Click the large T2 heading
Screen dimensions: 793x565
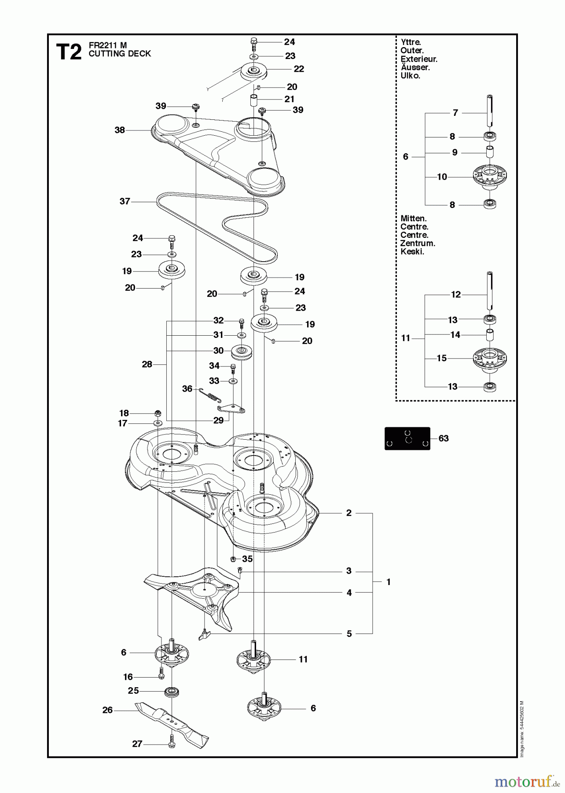[x=69, y=52]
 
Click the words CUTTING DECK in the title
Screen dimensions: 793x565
[x=120, y=54]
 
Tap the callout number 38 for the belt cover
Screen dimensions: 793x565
[x=120, y=130]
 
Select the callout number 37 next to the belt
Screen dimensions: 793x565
[x=125, y=201]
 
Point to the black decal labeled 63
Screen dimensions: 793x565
[x=407, y=438]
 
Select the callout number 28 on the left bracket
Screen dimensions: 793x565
[x=147, y=364]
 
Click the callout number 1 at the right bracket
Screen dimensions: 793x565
[x=389, y=582]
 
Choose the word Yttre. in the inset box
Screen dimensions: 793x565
[x=411, y=42]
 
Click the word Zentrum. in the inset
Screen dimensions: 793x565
[x=417, y=243]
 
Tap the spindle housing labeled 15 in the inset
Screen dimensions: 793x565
[x=490, y=358]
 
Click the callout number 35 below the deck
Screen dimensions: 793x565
[x=247, y=559]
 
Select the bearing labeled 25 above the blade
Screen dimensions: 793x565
[x=172, y=692]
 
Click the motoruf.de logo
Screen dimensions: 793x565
[x=523, y=782]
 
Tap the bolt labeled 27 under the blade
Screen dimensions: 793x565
[x=172, y=744]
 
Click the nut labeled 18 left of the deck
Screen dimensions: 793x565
[x=158, y=413]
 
